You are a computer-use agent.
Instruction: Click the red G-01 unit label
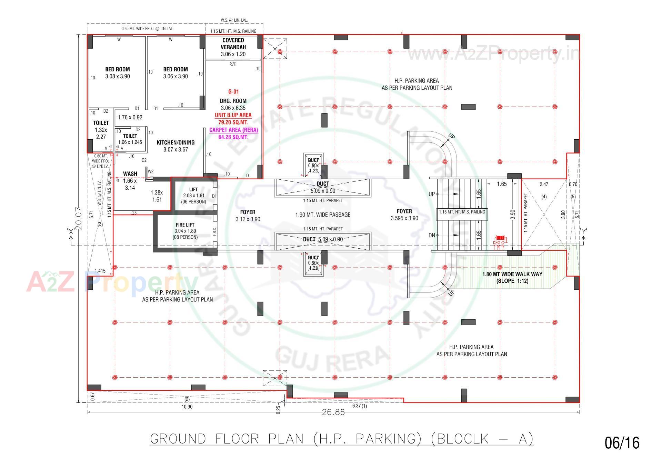pyautogui.click(x=233, y=92)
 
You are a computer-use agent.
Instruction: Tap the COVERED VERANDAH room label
pyautogui.click(x=233, y=44)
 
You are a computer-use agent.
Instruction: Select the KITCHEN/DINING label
pyautogui.click(x=175, y=142)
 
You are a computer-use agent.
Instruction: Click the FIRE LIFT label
pyautogui.click(x=185, y=225)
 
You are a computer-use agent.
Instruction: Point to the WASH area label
pyautogui.click(x=130, y=174)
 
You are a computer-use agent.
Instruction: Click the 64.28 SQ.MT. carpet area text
pyautogui.click(x=233, y=137)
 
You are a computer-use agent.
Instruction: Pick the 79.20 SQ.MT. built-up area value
pyautogui.click(x=233, y=122)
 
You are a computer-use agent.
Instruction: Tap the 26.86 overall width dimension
pyautogui.click(x=333, y=412)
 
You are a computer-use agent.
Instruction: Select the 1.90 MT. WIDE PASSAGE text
pyautogui.click(x=323, y=215)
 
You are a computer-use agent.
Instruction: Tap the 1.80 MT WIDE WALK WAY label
pyautogui.click(x=512, y=274)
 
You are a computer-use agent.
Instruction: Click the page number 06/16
pyautogui.click(x=622, y=443)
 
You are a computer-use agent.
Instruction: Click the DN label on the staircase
pyautogui.click(x=432, y=236)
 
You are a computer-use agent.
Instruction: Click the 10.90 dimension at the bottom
pyautogui.click(x=187, y=407)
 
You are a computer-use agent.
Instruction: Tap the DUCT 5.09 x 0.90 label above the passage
pyautogui.click(x=323, y=187)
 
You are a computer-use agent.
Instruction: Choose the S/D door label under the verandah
pyautogui.click(x=233, y=64)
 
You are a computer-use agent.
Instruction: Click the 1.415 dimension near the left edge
pyautogui.click(x=100, y=271)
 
